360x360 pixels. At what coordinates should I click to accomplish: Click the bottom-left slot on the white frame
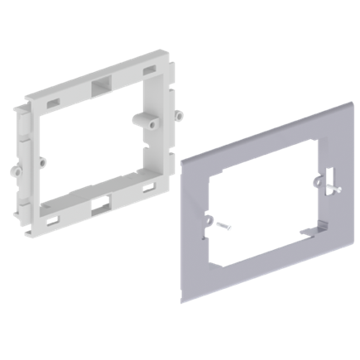52,219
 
